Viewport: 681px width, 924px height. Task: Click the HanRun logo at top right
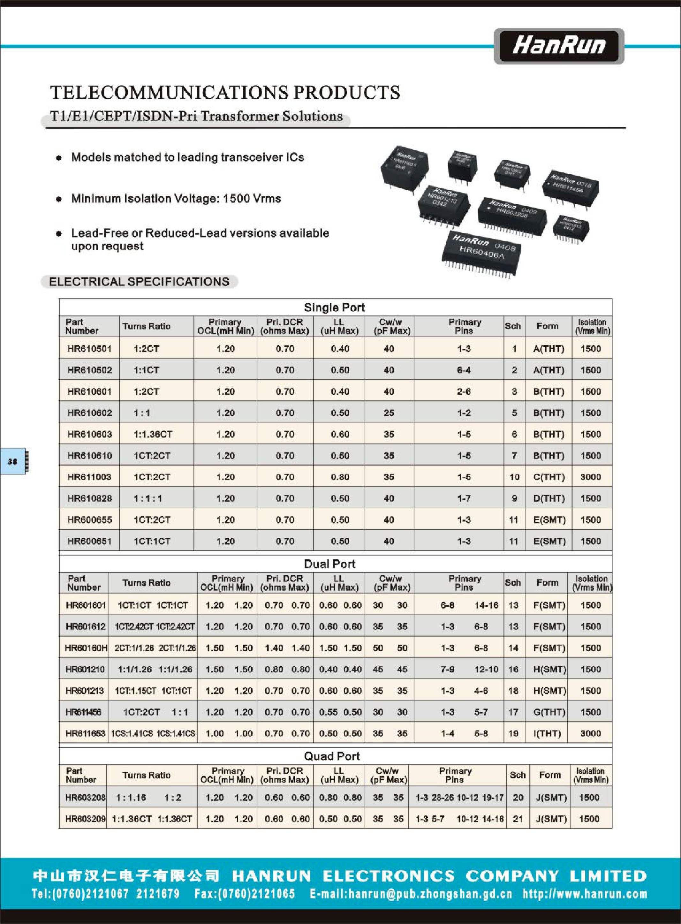(559, 46)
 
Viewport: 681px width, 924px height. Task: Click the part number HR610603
(89, 435)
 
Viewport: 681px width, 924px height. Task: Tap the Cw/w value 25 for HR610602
(389, 413)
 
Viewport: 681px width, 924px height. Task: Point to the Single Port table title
(334, 307)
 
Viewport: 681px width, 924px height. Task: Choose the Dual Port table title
(329, 564)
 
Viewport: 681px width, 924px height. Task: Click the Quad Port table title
(332, 756)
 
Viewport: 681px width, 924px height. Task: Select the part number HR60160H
(86, 648)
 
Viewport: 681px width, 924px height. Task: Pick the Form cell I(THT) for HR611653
(547, 734)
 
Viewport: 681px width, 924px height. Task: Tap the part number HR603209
(85, 819)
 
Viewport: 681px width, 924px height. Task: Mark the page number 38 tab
(13, 462)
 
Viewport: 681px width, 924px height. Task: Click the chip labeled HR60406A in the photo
(481, 252)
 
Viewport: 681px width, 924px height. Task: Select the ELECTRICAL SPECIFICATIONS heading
(139, 282)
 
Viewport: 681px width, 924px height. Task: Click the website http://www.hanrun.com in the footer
(585, 894)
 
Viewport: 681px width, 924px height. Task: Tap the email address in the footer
(411, 894)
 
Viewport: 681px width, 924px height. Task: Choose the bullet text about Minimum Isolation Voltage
(176, 199)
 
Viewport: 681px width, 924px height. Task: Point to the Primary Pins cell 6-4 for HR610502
(464, 370)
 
